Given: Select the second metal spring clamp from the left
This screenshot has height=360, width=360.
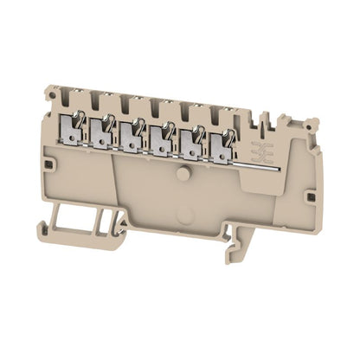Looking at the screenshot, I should [103, 132].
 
